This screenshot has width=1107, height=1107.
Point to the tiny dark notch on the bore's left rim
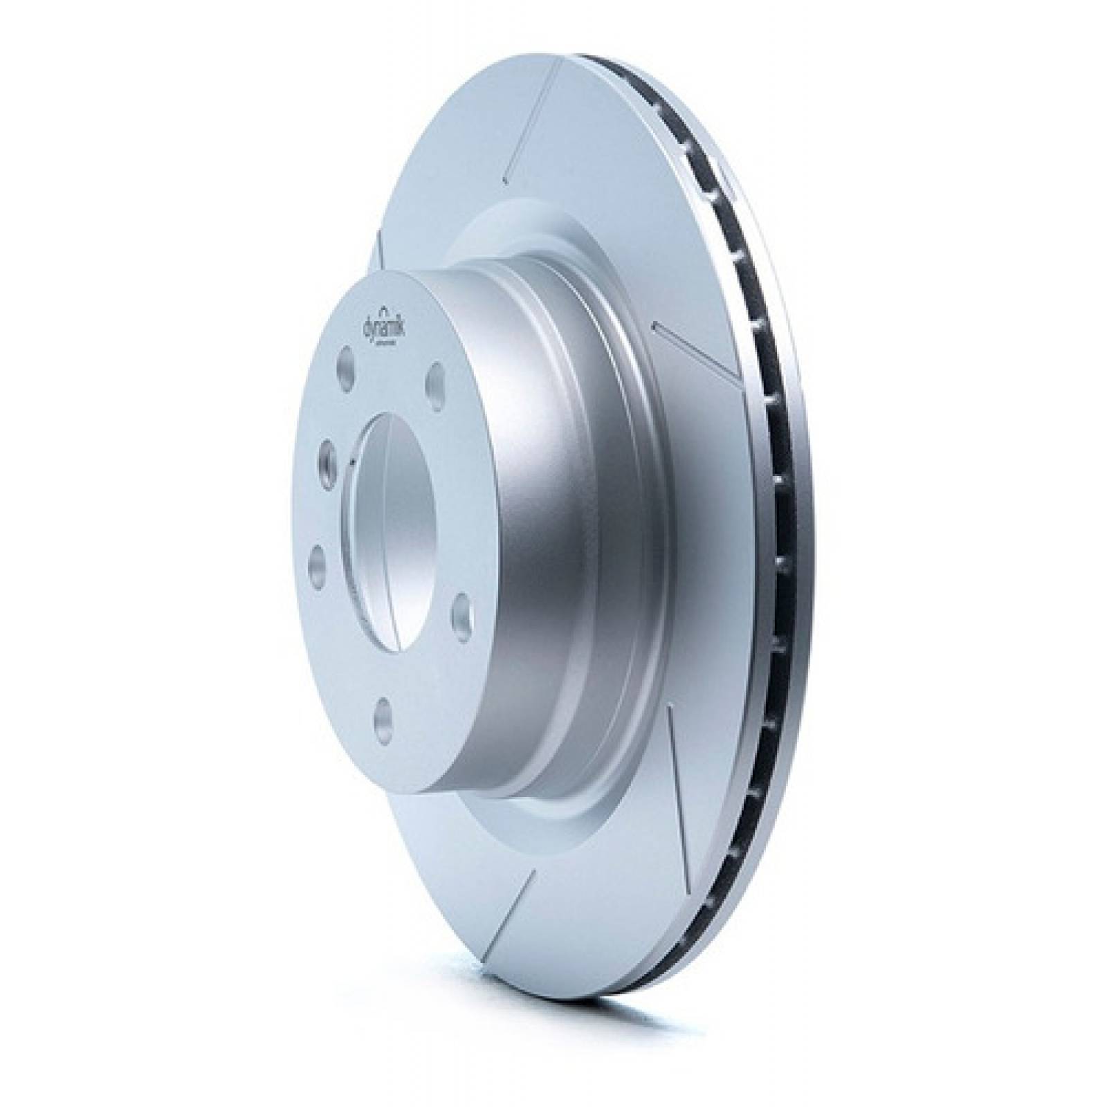point(354,462)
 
